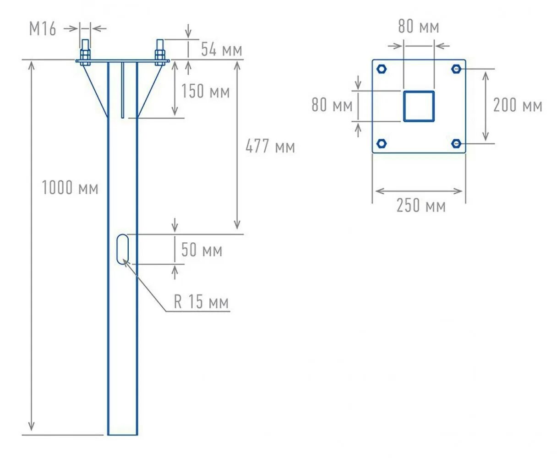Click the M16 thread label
[x=43, y=29]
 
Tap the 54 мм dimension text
[x=221, y=49]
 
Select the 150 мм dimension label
[x=205, y=91]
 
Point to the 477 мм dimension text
[x=270, y=147]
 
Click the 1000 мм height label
[x=70, y=188]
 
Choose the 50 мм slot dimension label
[x=202, y=250]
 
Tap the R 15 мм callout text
[x=201, y=302]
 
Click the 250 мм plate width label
[x=420, y=206]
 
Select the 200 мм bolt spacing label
[x=517, y=105]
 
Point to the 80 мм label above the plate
[x=418, y=27]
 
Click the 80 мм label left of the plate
[x=332, y=105]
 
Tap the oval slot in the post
[x=123, y=249]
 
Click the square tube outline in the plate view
[x=419, y=106]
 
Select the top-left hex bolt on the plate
[x=382, y=69]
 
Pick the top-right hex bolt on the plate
[x=456, y=69]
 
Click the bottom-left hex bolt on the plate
[x=382, y=143]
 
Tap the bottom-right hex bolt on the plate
[x=456, y=143]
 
